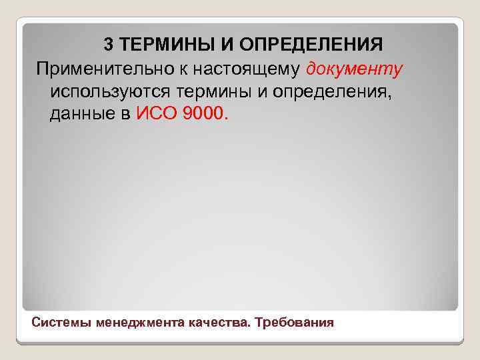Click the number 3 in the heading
[x=109, y=45]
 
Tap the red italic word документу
[x=353, y=69]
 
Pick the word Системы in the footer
[x=62, y=323]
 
